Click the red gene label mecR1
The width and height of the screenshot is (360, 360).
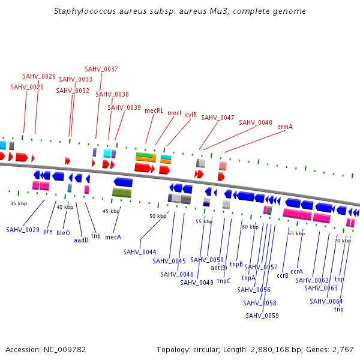(154, 110)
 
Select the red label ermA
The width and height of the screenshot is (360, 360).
(285, 127)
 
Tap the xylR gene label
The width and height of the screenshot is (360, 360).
(190, 114)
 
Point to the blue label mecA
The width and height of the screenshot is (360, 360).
(113, 237)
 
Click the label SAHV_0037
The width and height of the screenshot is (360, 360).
(101, 69)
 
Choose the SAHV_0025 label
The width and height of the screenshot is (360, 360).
(27, 87)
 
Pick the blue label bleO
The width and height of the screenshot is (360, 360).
(63, 232)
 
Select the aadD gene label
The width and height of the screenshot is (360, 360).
(81, 239)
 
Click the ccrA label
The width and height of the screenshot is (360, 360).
(297, 271)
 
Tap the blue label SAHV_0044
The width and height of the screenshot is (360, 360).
(140, 252)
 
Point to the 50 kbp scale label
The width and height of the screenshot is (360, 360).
(157, 216)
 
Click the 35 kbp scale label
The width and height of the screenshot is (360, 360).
(19, 203)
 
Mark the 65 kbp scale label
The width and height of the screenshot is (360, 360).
(296, 233)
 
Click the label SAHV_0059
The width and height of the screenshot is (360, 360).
(262, 315)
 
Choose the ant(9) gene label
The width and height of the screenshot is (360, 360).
(219, 267)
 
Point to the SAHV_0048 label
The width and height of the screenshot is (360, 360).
(256, 122)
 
